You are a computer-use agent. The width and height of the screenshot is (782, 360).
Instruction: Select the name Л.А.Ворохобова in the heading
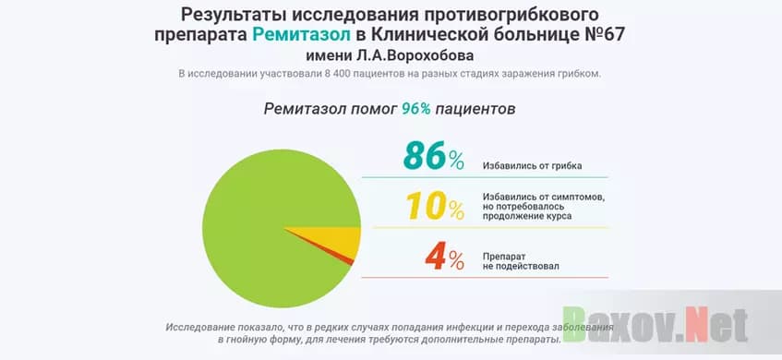point(426,54)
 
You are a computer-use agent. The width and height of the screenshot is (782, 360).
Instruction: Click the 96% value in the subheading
point(415,109)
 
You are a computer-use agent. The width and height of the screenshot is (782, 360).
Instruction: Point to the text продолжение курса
point(526,216)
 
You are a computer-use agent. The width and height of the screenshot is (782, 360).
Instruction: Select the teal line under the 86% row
point(485,177)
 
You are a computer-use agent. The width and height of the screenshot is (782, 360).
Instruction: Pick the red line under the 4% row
point(485,277)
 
